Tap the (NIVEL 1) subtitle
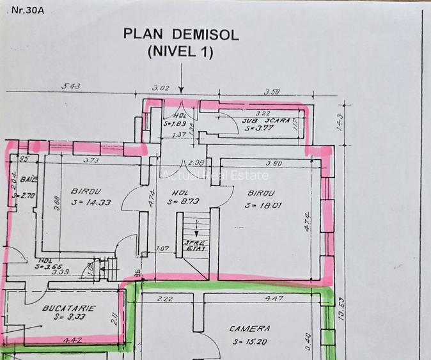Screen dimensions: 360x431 click(181, 52)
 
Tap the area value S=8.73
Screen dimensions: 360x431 click(179, 202)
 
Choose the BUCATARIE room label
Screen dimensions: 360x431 click(68, 308)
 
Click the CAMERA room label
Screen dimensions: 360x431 click(249, 329)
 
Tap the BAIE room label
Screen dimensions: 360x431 click(27, 181)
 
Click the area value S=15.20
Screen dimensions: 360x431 click(249, 341)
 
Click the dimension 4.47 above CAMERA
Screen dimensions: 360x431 click(274, 298)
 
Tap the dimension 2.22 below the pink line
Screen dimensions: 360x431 click(164, 298)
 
